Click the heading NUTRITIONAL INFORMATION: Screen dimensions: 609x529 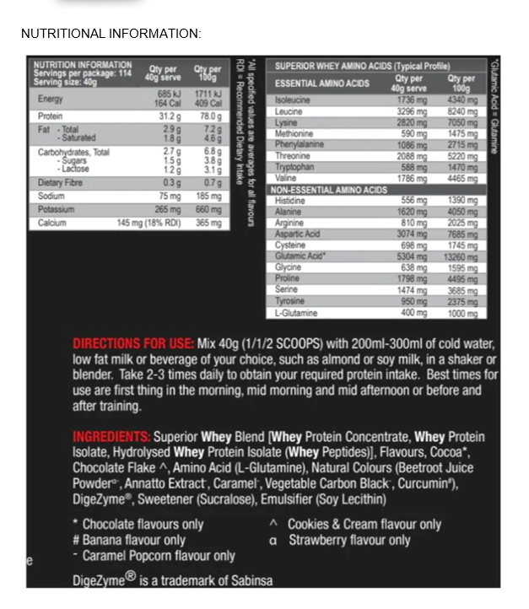111,34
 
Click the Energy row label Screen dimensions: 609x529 51,99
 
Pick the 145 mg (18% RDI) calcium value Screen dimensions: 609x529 149,224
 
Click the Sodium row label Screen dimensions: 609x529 52,195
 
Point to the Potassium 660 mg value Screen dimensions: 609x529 208,209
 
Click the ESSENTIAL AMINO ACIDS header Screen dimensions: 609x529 323,84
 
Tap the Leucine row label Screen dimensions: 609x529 289,111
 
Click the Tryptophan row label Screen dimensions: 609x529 294,167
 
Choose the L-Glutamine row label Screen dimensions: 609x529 297,313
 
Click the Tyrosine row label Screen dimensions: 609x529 289,301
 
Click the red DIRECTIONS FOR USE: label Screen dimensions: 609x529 133,344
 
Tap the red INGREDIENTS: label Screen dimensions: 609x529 111,437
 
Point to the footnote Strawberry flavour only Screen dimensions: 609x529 349,540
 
